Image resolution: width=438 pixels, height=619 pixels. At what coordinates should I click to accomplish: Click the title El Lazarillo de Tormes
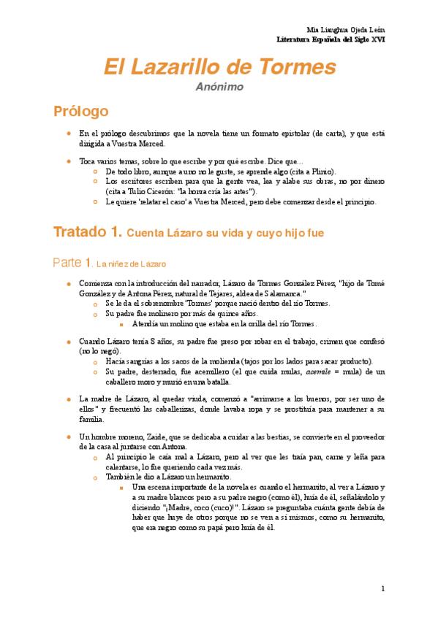(x=219, y=67)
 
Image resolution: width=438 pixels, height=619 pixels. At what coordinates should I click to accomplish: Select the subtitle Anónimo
(x=219, y=88)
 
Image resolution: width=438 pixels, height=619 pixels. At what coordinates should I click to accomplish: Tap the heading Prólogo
(x=80, y=112)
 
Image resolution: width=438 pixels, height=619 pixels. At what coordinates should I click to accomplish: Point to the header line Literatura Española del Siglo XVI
(x=336, y=37)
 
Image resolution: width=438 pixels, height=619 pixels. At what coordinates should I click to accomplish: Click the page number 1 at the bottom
(x=382, y=588)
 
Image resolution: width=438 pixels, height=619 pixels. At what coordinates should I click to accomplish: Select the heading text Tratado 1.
(x=87, y=232)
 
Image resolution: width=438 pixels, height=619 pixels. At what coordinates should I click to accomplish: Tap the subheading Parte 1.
(x=72, y=262)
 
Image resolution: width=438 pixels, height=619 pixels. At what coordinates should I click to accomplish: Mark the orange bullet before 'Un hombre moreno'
(x=68, y=437)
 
